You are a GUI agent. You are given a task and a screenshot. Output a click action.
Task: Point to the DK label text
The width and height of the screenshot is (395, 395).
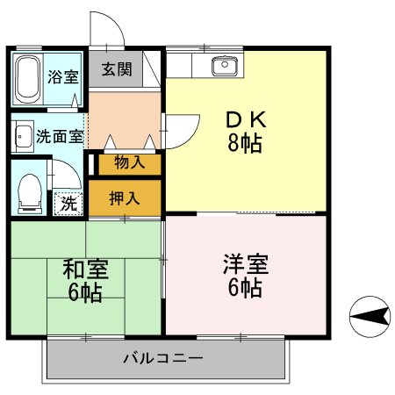point(246,119)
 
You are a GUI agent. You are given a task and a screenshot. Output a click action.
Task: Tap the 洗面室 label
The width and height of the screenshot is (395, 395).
point(61,136)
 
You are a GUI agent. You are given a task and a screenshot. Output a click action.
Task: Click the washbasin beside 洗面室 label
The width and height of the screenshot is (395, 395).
point(22,136)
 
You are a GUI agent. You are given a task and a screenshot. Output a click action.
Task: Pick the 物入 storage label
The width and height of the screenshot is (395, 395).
point(129,162)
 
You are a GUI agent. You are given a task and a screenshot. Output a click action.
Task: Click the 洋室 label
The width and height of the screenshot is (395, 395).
point(245,263)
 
